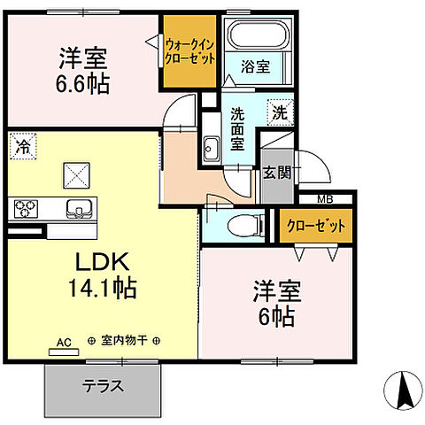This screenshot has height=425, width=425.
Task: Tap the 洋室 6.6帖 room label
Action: tap(83, 71)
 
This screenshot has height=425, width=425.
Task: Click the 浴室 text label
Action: tap(251, 66)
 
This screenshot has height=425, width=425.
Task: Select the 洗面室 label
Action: tap(238, 129)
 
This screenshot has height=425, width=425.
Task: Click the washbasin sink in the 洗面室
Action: tap(212, 147)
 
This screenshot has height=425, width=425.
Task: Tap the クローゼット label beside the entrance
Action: tap(316, 226)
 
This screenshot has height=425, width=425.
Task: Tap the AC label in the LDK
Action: tap(64, 340)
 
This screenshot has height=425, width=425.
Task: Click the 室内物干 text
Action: tap(124, 340)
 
